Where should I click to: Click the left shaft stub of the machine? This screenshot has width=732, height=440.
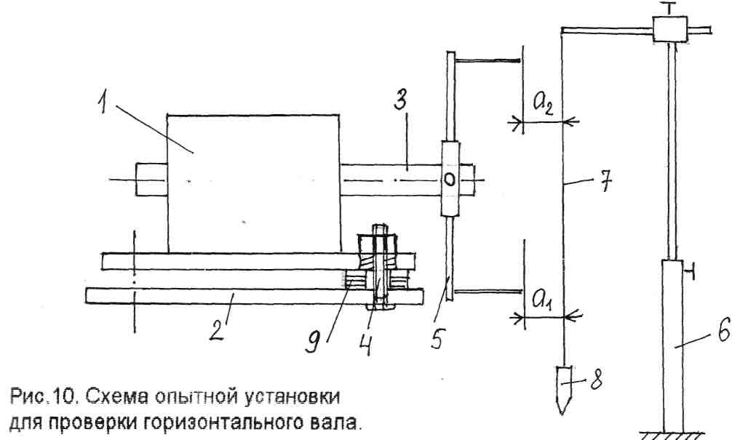151,178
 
